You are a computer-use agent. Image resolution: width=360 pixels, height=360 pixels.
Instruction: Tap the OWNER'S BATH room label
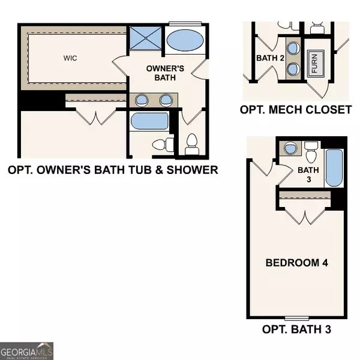click(x=161, y=73)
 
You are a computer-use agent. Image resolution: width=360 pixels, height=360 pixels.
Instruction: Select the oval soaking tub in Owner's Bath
click(x=185, y=41)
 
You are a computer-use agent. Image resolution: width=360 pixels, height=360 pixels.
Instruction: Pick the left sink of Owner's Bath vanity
click(x=142, y=100)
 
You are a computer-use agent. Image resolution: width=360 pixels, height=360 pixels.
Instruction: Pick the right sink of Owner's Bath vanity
click(x=166, y=100)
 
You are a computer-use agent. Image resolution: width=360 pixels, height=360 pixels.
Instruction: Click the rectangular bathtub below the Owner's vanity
click(x=146, y=122)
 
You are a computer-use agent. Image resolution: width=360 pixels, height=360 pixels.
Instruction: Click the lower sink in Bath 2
click(x=293, y=68)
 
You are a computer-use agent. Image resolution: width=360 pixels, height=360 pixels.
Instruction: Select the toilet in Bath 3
click(x=311, y=153)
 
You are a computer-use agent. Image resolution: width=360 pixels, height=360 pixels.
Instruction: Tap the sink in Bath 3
click(x=290, y=149)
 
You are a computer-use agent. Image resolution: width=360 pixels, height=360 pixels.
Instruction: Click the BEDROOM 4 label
click(x=297, y=263)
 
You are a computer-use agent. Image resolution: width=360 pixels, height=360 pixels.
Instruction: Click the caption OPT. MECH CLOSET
click(x=295, y=110)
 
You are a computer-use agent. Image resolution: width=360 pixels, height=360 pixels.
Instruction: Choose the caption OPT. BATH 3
click(x=296, y=329)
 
